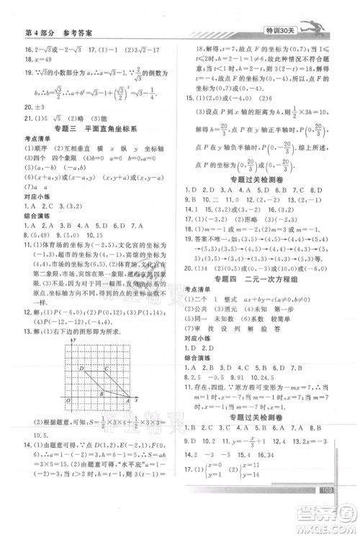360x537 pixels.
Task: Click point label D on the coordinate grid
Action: (82, 368)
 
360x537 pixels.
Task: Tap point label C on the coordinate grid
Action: (107, 368)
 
